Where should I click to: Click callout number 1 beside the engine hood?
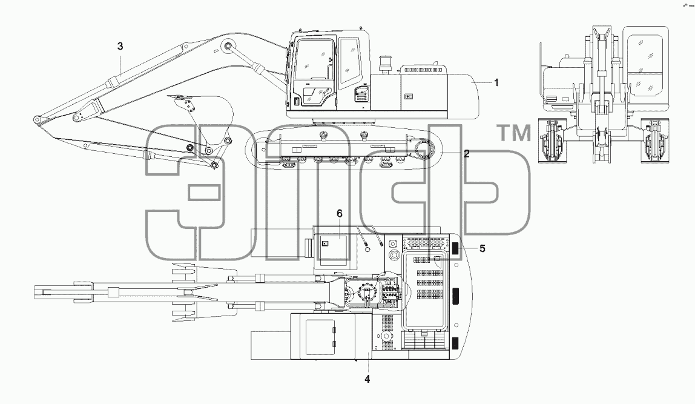point(496,82)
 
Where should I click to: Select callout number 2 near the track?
point(466,153)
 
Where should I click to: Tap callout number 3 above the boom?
point(120,46)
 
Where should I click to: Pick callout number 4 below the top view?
point(367,379)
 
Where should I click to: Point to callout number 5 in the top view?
point(483,248)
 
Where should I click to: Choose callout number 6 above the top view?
point(340,214)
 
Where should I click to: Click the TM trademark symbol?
point(515,133)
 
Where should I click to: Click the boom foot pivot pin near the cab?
point(228,47)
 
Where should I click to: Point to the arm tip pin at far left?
point(37,120)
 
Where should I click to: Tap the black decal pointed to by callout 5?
point(455,249)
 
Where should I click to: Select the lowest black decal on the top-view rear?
point(455,343)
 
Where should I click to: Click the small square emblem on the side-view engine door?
point(408,96)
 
